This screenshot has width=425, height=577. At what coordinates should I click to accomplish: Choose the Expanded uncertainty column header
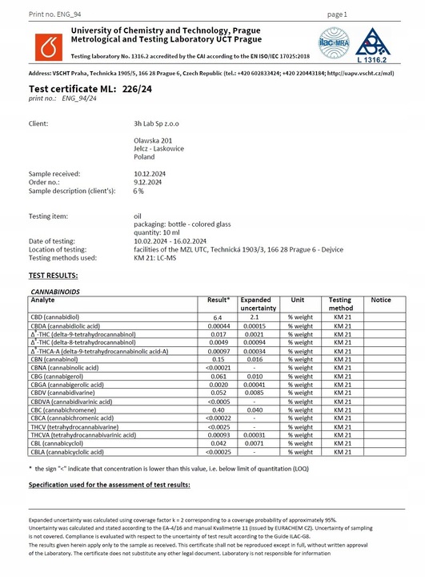point(259,304)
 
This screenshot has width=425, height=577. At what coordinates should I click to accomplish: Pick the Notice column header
point(381,301)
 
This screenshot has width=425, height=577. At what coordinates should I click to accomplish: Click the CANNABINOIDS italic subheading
point(56,290)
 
